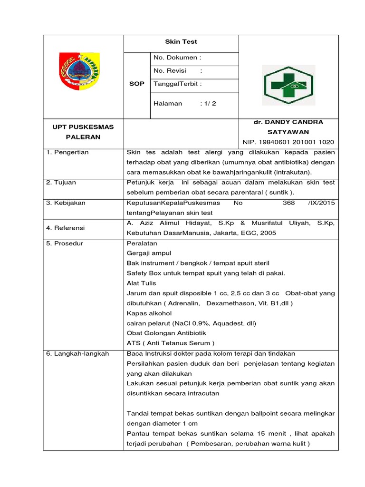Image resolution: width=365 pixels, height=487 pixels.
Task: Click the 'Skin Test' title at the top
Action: (x=181, y=42)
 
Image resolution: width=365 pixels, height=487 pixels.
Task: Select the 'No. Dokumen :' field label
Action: (x=177, y=58)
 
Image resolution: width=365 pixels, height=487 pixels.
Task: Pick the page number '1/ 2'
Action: (x=208, y=103)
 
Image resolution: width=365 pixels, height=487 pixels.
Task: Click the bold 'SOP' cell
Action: (x=137, y=84)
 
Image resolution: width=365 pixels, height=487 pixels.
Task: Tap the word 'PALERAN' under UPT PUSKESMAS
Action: (x=83, y=136)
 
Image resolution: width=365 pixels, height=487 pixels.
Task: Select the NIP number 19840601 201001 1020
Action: (x=288, y=142)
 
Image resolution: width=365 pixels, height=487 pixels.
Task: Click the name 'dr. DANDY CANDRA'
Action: (x=288, y=122)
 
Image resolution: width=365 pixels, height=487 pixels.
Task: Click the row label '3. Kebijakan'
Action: (x=66, y=203)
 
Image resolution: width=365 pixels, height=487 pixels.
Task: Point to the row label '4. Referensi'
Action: (x=66, y=228)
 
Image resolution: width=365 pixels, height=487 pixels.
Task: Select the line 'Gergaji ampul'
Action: (x=149, y=253)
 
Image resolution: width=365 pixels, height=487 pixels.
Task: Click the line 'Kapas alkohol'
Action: (x=149, y=313)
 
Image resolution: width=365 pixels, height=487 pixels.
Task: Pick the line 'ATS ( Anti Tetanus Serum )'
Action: (x=170, y=343)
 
